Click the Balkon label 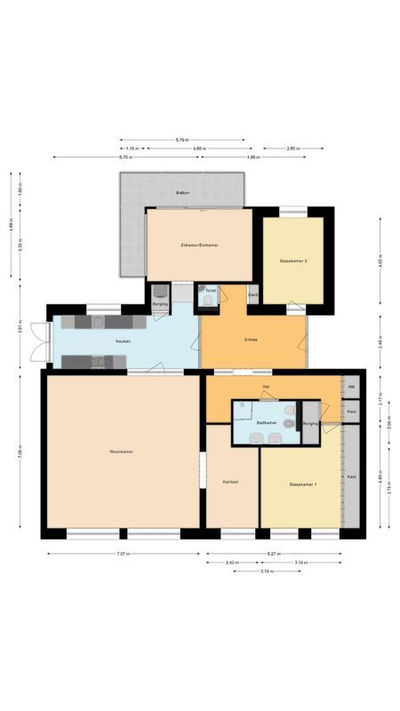coord(182,192)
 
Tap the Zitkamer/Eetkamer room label coord(199,244)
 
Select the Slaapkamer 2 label coord(293,261)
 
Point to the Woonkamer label coord(121,452)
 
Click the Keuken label coord(123,341)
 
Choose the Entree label coord(252,340)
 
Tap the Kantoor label coord(231,482)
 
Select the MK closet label coord(352,388)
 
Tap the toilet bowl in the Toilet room coord(208,300)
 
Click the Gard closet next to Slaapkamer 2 coord(253,294)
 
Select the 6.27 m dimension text coord(274,554)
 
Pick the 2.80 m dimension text coord(292,148)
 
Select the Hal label coord(266,388)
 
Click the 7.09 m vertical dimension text coord(20,453)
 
